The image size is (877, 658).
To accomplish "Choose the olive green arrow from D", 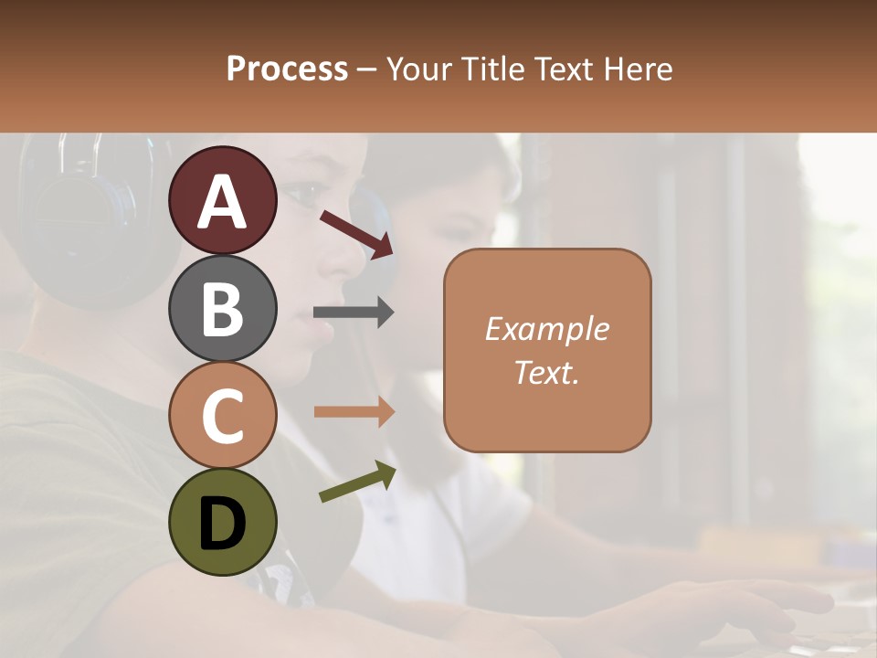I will [x=357, y=482].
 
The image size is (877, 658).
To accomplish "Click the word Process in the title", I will [x=287, y=69].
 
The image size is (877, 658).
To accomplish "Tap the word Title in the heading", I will [x=491, y=69].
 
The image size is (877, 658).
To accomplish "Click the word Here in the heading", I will [x=638, y=69].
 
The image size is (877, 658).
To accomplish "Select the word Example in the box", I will [x=546, y=329].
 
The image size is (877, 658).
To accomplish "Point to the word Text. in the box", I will [x=546, y=372].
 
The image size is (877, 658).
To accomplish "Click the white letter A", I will [x=223, y=201].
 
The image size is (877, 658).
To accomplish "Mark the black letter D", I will [x=223, y=524].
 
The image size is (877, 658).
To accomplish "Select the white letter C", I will [x=223, y=416].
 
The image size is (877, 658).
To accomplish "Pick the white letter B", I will [x=223, y=309].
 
